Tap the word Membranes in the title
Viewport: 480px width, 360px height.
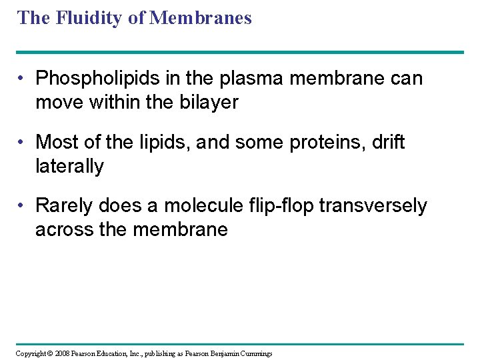201,18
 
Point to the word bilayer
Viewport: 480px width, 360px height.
207,103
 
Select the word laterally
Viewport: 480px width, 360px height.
69,166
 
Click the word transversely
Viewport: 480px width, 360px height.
373,206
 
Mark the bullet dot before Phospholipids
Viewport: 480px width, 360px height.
22,79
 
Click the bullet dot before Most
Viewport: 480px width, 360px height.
22,143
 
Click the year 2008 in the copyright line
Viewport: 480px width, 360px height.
62,353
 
